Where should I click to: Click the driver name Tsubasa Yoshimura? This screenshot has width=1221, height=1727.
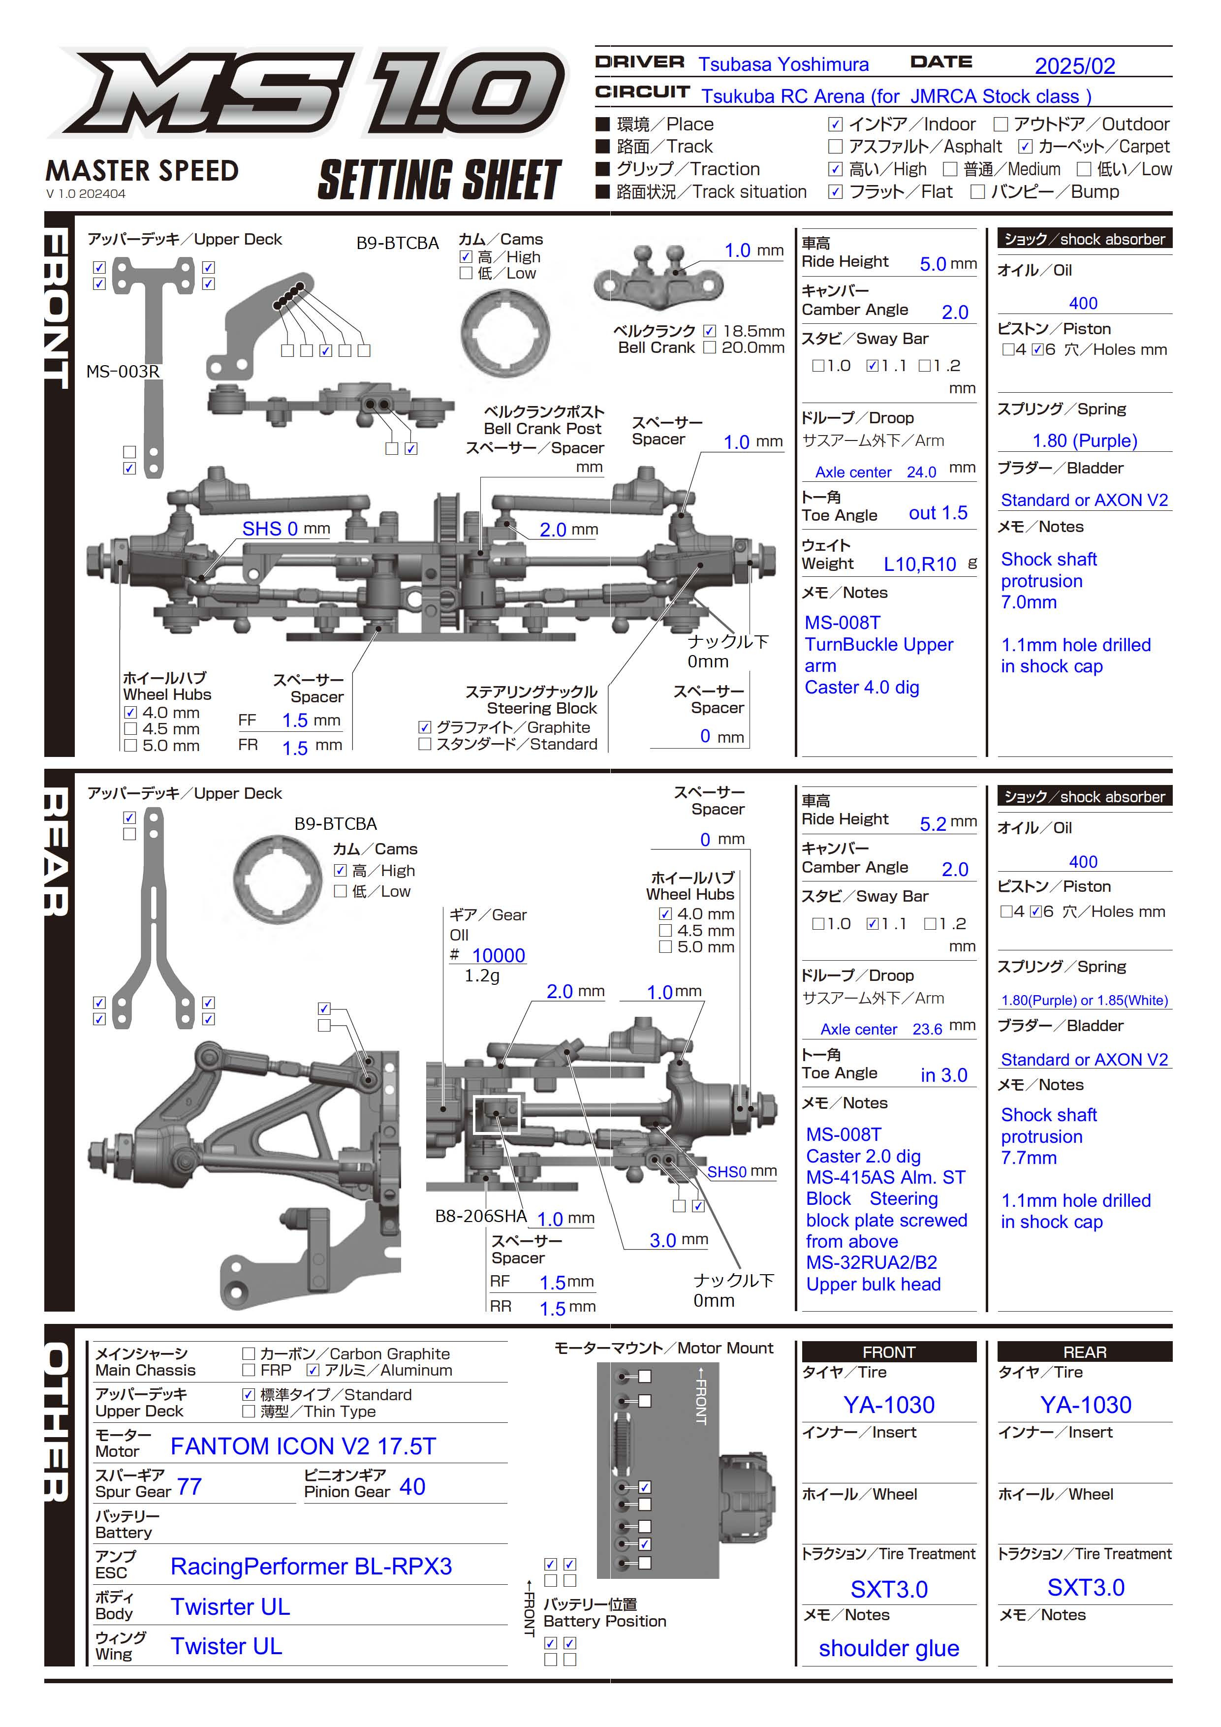pyautogui.click(x=783, y=64)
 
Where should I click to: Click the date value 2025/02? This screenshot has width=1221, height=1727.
pyautogui.click(x=1074, y=66)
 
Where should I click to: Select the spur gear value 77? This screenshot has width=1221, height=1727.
pyautogui.click(x=189, y=1486)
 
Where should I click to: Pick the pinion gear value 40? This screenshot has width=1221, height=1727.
pyautogui.click(x=412, y=1486)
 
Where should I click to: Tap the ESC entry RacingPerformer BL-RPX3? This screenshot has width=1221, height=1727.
pyautogui.click(x=311, y=1566)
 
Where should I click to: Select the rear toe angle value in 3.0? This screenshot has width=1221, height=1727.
pyautogui.click(x=943, y=1075)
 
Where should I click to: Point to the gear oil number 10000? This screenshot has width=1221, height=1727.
pyautogui.click(x=498, y=955)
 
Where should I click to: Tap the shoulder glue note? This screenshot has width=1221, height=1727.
pyautogui.click(x=888, y=1648)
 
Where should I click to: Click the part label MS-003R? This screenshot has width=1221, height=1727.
pyautogui.click(x=123, y=372)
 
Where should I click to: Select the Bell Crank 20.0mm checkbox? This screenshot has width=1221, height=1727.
pyautogui.click(x=710, y=347)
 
